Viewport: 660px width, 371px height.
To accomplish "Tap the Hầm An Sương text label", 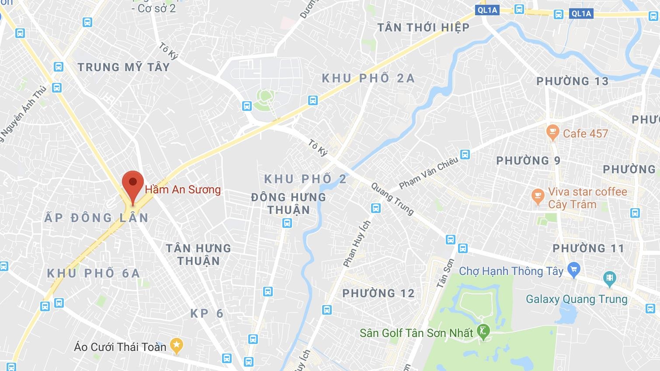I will [183, 189].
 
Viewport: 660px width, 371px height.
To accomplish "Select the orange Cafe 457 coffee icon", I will [553, 132].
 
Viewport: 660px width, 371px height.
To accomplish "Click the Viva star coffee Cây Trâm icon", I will [538, 197].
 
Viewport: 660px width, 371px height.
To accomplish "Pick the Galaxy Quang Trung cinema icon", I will [609, 277].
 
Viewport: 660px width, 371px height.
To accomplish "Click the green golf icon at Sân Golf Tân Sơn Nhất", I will [483, 332].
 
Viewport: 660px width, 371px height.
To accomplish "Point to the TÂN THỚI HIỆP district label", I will [423, 27].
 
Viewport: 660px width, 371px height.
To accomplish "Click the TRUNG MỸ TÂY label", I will [123, 67].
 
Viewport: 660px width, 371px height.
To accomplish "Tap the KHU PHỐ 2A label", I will [368, 78].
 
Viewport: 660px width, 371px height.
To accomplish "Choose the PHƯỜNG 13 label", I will [572, 81].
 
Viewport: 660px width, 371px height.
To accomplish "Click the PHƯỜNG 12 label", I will [378, 293].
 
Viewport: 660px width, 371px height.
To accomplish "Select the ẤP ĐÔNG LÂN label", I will [97, 217].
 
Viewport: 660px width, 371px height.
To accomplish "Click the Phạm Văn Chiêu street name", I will [428, 173].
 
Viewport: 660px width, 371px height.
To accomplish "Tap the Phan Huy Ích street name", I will [357, 244].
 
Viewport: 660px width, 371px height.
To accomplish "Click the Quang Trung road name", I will [392, 199].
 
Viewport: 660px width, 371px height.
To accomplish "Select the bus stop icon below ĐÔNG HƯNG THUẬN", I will [287, 223].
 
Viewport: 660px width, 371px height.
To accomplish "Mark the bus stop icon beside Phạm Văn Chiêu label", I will [465, 154].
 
